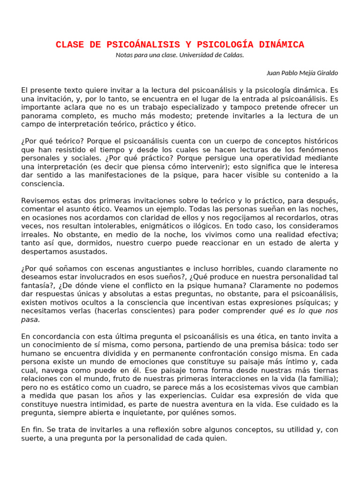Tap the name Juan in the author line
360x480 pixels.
(273, 73)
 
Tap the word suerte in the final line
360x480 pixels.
(31, 439)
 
